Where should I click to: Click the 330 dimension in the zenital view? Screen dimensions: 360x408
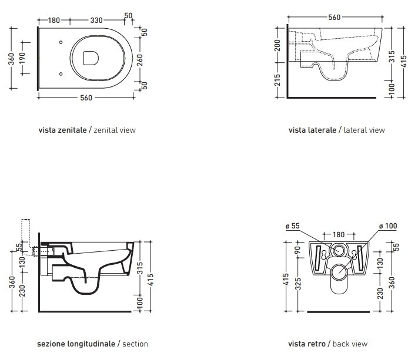point(96,19)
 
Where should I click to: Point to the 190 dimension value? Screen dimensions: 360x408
point(22,58)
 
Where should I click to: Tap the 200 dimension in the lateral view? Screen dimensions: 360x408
point(277,45)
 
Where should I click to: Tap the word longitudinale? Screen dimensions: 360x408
point(89,344)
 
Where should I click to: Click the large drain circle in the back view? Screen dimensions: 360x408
point(339,272)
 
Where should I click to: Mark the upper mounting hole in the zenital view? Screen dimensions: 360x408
point(62,42)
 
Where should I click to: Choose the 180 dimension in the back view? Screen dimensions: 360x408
point(339,234)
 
